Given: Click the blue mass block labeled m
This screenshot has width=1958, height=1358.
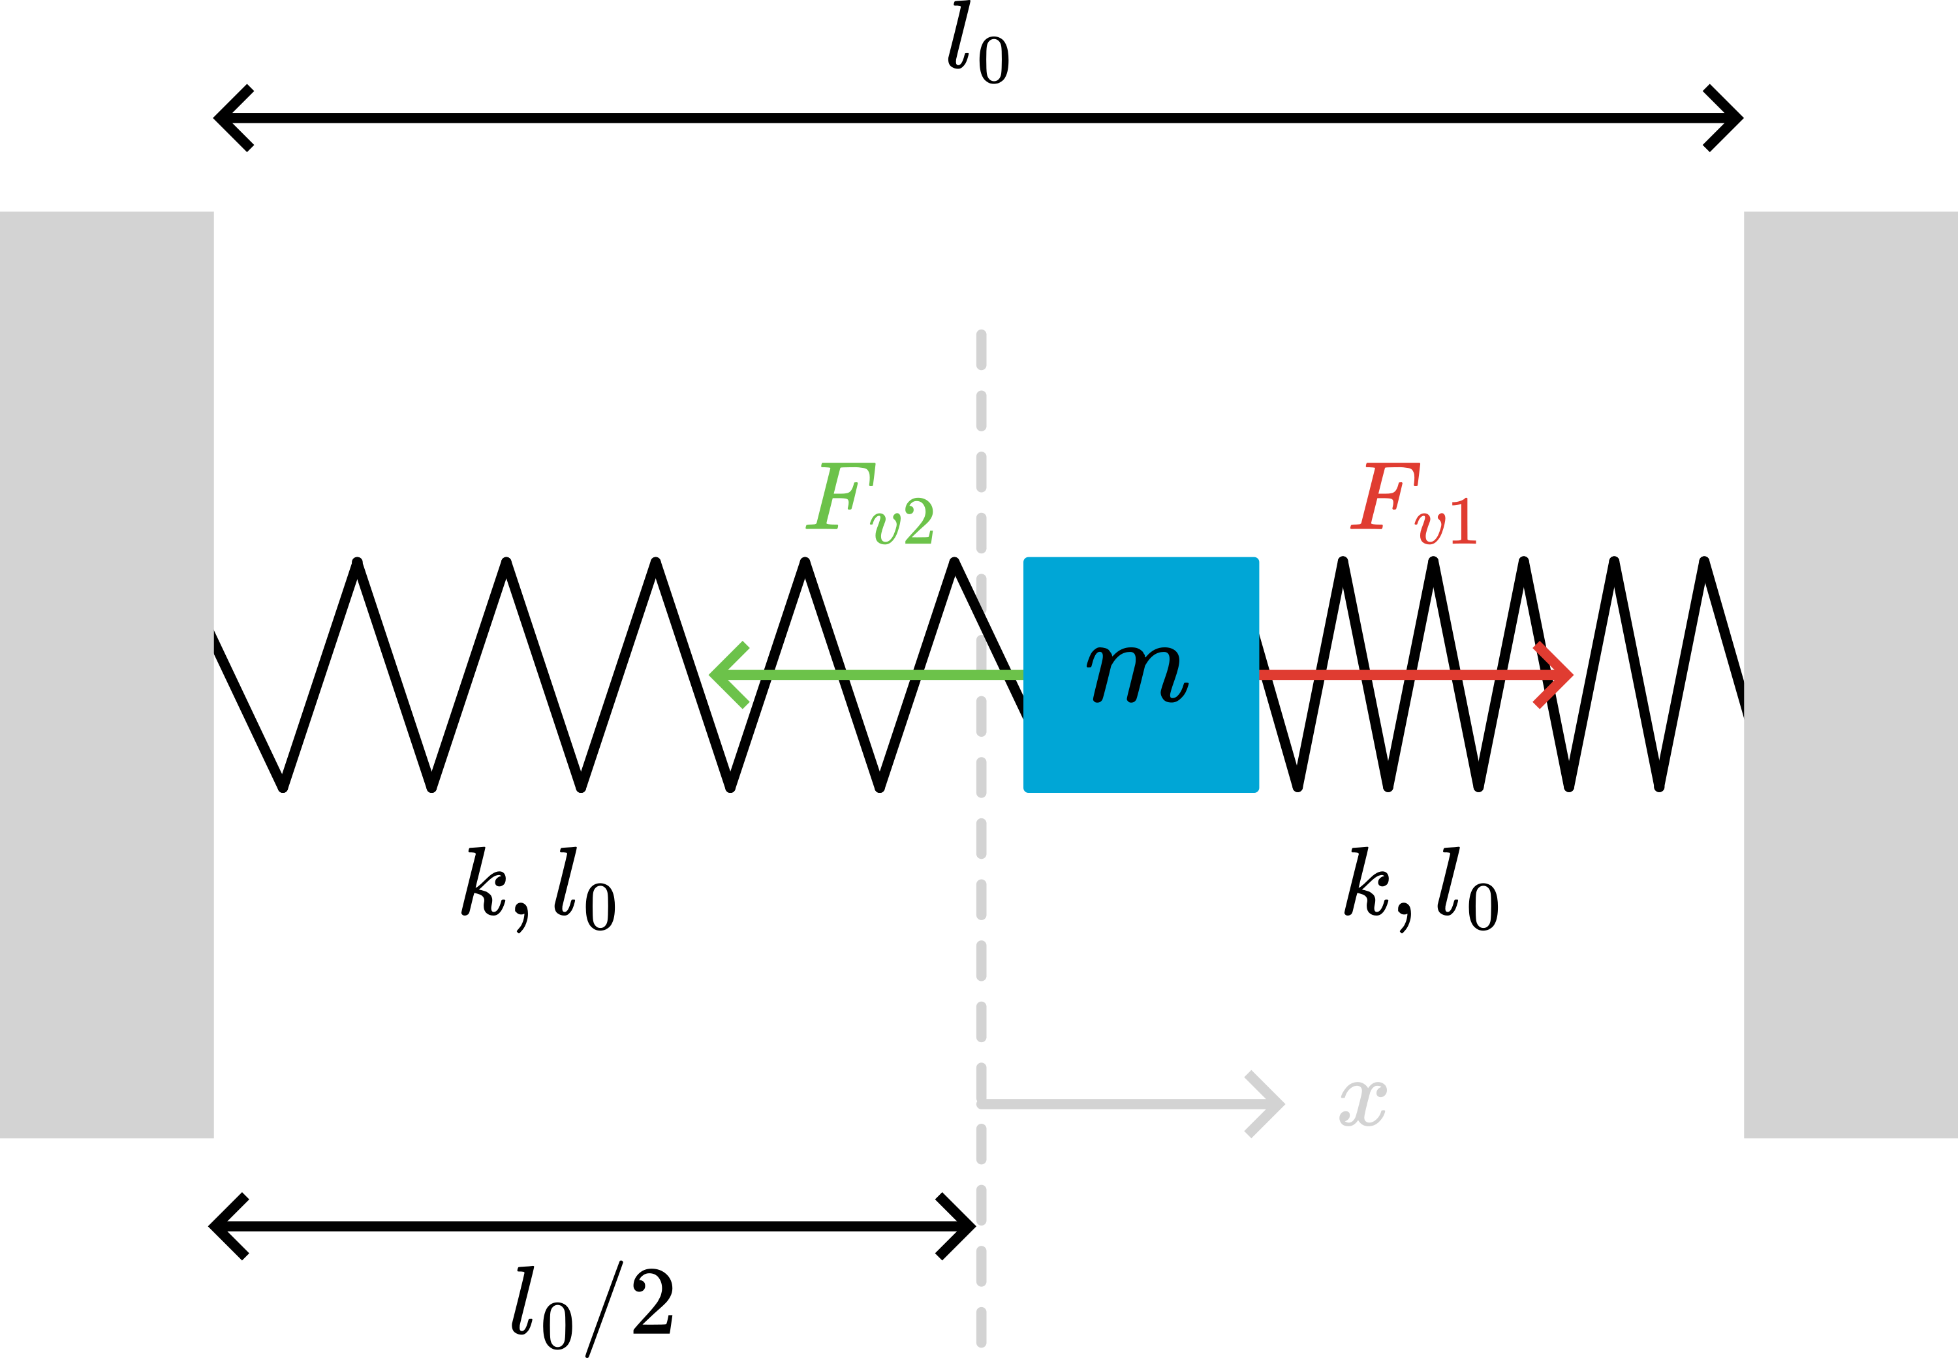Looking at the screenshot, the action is point(1141,675).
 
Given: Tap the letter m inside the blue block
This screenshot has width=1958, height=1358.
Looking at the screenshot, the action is point(1138,675).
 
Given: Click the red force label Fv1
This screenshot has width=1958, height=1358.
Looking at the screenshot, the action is point(1414,504).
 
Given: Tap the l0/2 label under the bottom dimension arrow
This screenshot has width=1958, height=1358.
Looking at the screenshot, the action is point(593,1308).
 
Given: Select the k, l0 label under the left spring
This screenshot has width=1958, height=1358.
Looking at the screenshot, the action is point(538,890).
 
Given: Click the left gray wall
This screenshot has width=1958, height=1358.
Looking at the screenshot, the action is point(106,675).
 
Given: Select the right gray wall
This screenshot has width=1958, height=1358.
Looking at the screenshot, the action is point(1851,675).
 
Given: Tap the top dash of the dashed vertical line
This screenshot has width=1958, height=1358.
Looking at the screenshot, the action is point(981,350).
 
